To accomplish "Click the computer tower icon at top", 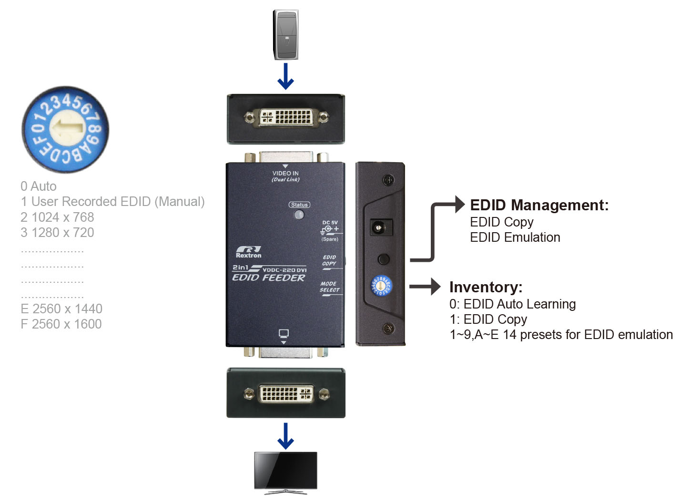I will coord(285,34).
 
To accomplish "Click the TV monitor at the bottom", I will coord(285,472).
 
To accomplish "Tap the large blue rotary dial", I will coord(65,129).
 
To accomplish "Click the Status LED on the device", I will coord(299,215).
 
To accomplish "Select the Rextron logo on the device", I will coord(248,252).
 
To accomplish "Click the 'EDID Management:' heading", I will coord(539,205).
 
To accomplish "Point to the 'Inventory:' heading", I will coord(486,287).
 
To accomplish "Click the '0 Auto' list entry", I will coord(39,186).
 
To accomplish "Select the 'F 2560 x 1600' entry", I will coord(61,324).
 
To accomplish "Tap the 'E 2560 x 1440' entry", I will coord(61,309).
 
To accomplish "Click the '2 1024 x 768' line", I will coord(57,217).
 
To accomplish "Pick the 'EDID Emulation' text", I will coord(515,237).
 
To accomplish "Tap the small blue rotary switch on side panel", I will coord(381,286).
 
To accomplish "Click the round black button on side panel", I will coord(383,259).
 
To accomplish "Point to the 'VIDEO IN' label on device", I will coord(285,174).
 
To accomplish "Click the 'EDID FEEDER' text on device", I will coord(268,278).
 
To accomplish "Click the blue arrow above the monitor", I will coord(285,436).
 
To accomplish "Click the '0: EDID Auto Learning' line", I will coord(512,304).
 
